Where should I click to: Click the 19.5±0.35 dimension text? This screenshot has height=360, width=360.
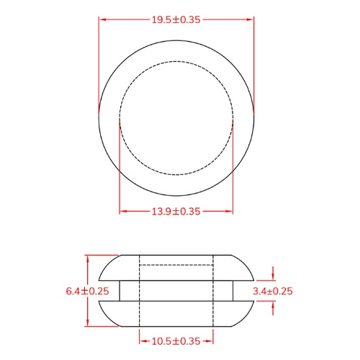click(x=176, y=20)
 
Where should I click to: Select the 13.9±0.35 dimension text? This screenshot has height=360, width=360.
click(x=176, y=211)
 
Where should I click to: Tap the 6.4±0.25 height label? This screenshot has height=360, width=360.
click(x=86, y=291)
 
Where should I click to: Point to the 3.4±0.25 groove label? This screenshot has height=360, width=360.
click(x=274, y=291)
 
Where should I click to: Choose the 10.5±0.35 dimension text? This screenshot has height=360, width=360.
click(x=176, y=341)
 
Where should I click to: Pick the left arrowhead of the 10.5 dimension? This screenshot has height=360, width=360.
click(x=141, y=341)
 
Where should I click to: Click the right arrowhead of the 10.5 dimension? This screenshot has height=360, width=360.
click(x=211, y=341)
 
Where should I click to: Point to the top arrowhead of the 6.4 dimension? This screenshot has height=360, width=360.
click(x=87, y=258)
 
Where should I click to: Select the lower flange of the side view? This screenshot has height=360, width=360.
click(x=176, y=315)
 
